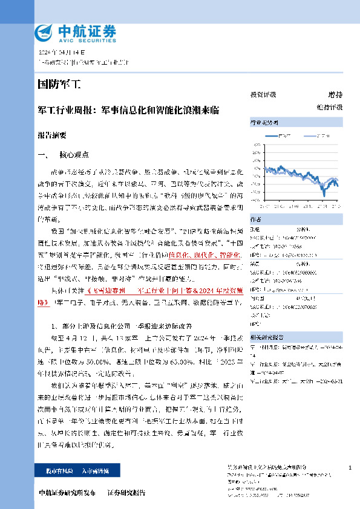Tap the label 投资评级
263,95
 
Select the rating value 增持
335,95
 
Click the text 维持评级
329,107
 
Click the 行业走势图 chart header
262,122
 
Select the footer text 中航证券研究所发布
67,493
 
